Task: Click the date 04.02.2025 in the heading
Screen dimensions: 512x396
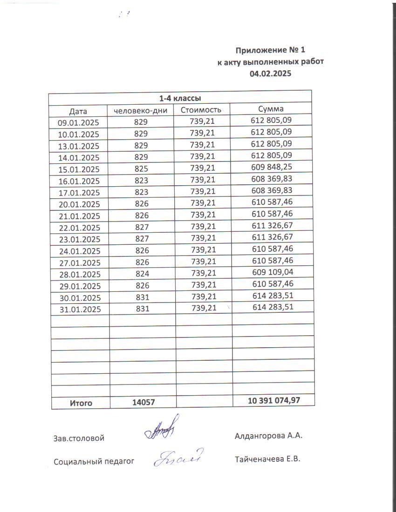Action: [270, 73]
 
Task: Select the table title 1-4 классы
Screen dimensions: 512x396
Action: [180, 98]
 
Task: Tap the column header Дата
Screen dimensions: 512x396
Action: [78, 111]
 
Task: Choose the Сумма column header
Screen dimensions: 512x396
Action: [271, 109]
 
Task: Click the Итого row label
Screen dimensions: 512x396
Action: [81, 403]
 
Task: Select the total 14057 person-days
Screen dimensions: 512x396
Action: [143, 403]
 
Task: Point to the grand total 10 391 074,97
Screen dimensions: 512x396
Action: [274, 400]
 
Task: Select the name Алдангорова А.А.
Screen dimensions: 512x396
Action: [269, 436]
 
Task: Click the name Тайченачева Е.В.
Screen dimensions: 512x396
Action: [268, 459]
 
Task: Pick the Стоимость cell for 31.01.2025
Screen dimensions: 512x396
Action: [203, 308]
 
